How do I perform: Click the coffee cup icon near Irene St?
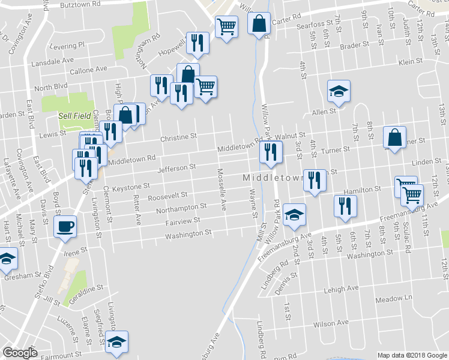(65, 226)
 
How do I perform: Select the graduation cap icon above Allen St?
(339, 91)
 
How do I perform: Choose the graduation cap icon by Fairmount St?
(116, 341)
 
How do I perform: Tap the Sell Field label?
(74, 116)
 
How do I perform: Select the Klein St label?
(411, 62)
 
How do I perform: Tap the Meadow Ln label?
(394, 299)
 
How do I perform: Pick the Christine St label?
(178, 137)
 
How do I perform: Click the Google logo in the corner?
(20, 353)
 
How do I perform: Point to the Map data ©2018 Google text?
(412, 355)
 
